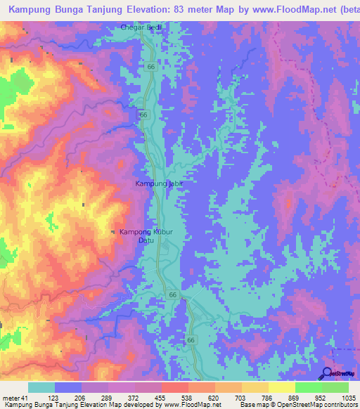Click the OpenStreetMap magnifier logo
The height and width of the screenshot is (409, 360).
click(326, 374)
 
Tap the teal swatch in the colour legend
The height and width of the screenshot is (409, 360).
click(41, 387)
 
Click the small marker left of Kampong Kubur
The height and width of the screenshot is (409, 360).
click(114, 233)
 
